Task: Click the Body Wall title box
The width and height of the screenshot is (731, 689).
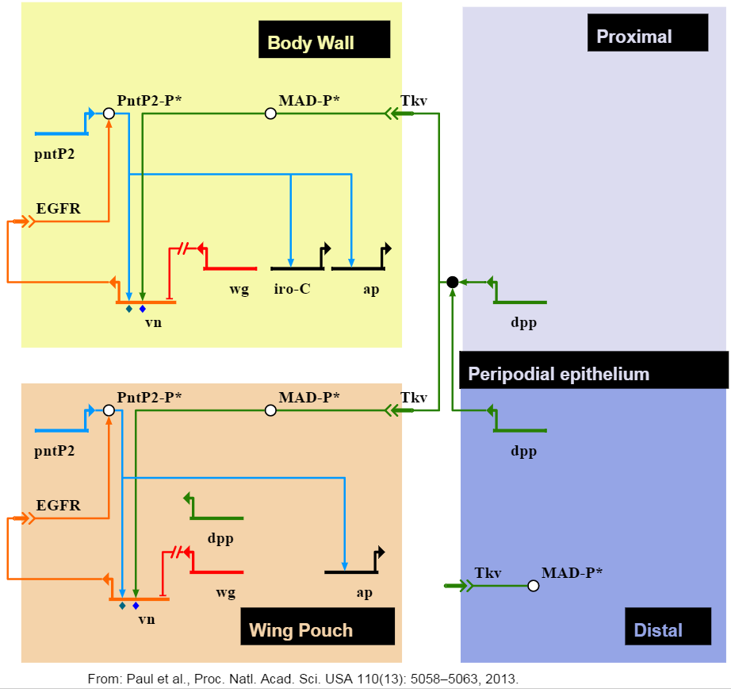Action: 324,40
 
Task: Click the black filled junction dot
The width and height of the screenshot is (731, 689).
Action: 452,282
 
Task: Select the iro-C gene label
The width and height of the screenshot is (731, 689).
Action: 292,289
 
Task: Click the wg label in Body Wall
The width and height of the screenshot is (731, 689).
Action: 239,289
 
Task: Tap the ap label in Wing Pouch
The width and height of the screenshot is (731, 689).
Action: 364,592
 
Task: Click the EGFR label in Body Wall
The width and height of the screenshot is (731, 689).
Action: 59,210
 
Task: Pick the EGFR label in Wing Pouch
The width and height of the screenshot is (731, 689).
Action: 59,506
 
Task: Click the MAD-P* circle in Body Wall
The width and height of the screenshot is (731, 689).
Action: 270,114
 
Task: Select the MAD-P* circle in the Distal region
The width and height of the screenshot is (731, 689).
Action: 534,586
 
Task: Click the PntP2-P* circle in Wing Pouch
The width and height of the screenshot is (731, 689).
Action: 109,410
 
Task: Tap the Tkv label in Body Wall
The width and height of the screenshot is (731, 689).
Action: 414,101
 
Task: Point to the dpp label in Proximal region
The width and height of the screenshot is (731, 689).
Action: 523,323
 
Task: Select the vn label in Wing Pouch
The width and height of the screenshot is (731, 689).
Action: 146,619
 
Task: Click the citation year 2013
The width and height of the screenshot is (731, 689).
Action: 501,678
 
